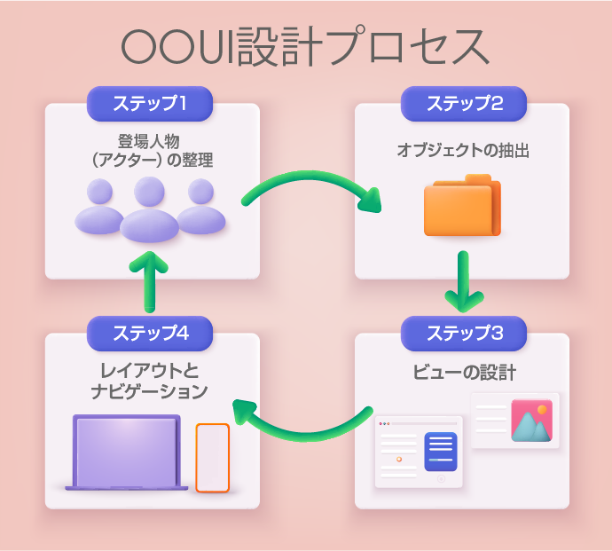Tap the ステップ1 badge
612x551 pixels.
click(x=150, y=103)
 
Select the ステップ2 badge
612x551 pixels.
click(x=464, y=103)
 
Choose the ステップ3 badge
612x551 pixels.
click(x=464, y=333)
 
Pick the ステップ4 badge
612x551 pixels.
click(x=150, y=333)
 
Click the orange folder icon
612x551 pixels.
click(x=462, y=207)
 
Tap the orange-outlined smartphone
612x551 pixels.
click(x=212, y=457)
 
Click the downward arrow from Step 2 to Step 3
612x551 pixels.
click(x=462, y=279)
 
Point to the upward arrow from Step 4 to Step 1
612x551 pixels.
click(x=150, y=279)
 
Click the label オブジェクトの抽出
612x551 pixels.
click(x=462, y=151)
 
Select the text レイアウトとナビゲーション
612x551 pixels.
click(x=150, y=381)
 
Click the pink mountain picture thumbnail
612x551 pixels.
click(x=531, y=420)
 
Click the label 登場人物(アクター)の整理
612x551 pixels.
click(x=153, y=151)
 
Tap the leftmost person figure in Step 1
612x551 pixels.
click(x=99, y=209)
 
